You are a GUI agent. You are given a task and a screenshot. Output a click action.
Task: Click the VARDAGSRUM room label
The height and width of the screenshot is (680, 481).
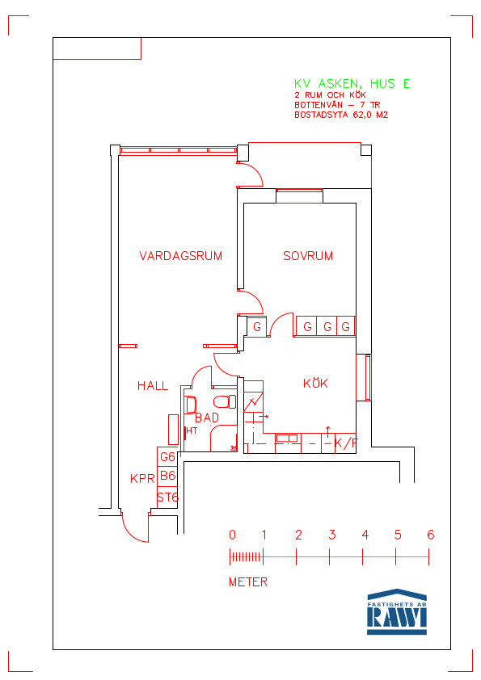pos(180,256)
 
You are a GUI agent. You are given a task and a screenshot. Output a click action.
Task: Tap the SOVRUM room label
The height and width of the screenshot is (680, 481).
pos(308,256)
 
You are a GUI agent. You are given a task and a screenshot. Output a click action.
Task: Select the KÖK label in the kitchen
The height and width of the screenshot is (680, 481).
pos(315,383)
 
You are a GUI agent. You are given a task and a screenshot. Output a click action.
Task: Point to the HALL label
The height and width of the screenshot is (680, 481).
pos(152,385)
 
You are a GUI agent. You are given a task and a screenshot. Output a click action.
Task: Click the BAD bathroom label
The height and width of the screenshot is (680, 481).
pos(207,418)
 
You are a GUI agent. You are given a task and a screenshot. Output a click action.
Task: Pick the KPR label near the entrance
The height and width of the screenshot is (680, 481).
pos(142,478)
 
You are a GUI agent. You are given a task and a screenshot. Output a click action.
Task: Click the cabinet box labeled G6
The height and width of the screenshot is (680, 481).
pos(167,456)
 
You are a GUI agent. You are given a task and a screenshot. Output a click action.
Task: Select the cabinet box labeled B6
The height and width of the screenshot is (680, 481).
pos(167,476)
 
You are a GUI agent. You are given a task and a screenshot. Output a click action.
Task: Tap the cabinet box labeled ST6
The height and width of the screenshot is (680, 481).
pos(167,497)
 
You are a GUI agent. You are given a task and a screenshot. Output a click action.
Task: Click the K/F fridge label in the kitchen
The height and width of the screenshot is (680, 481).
pos(346,443)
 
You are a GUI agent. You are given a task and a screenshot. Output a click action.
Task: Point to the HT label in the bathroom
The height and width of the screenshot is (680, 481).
pos(192,430)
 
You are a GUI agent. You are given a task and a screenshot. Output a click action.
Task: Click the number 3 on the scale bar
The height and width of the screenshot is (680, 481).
pos(332,535)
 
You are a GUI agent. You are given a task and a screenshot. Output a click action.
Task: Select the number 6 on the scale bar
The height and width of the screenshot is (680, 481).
pos(430,535)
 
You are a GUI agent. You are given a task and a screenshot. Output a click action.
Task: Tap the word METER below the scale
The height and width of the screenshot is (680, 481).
pos(248,582)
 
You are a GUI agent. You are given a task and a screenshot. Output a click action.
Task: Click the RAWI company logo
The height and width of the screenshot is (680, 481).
pos(397,612)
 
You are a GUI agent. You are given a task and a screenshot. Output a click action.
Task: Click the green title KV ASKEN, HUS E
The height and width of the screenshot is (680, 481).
pos(352,84)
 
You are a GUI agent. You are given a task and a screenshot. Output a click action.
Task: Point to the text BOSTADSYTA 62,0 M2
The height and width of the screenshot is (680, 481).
pos(341,115)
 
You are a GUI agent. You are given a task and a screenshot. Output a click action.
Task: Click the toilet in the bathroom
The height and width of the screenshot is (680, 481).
pos(225,401)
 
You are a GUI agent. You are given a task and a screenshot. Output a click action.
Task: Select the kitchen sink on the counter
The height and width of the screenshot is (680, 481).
pos(286,438)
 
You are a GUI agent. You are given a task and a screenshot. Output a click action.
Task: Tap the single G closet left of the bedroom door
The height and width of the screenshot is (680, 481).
pos(256,326)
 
